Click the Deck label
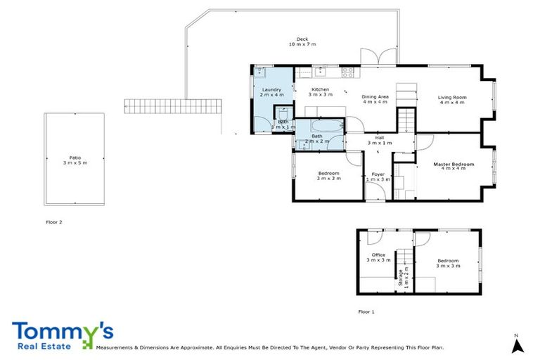click(x=302, y=41)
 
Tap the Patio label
click(x=74, y=160)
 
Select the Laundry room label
click(x=271, y=93)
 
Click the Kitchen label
click(x=320, y=92)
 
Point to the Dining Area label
click(x=375, y=99)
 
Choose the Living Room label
click(x=453, y=101)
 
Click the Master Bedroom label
click(x=453, y=167)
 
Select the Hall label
click(x=379, y=140)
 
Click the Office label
click(x=378, y=257)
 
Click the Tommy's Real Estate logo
click(x=62, y=335)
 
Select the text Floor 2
click(x=53, y=221)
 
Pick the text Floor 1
click(x=366, y=311)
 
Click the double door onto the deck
click(x=373, y=58)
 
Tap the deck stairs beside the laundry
click(x=173, y=106)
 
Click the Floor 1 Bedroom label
click(x=447, y=264)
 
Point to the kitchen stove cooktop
click(x=347, y=70)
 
